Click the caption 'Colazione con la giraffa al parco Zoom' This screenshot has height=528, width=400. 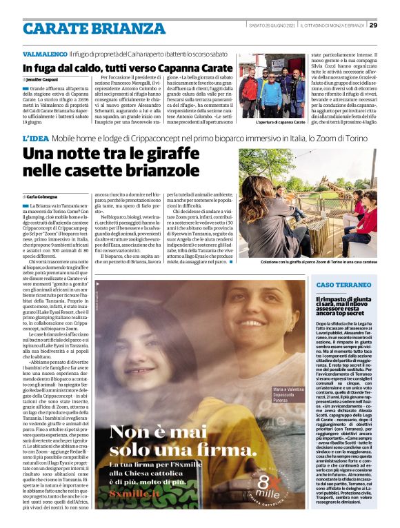[319, 263]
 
